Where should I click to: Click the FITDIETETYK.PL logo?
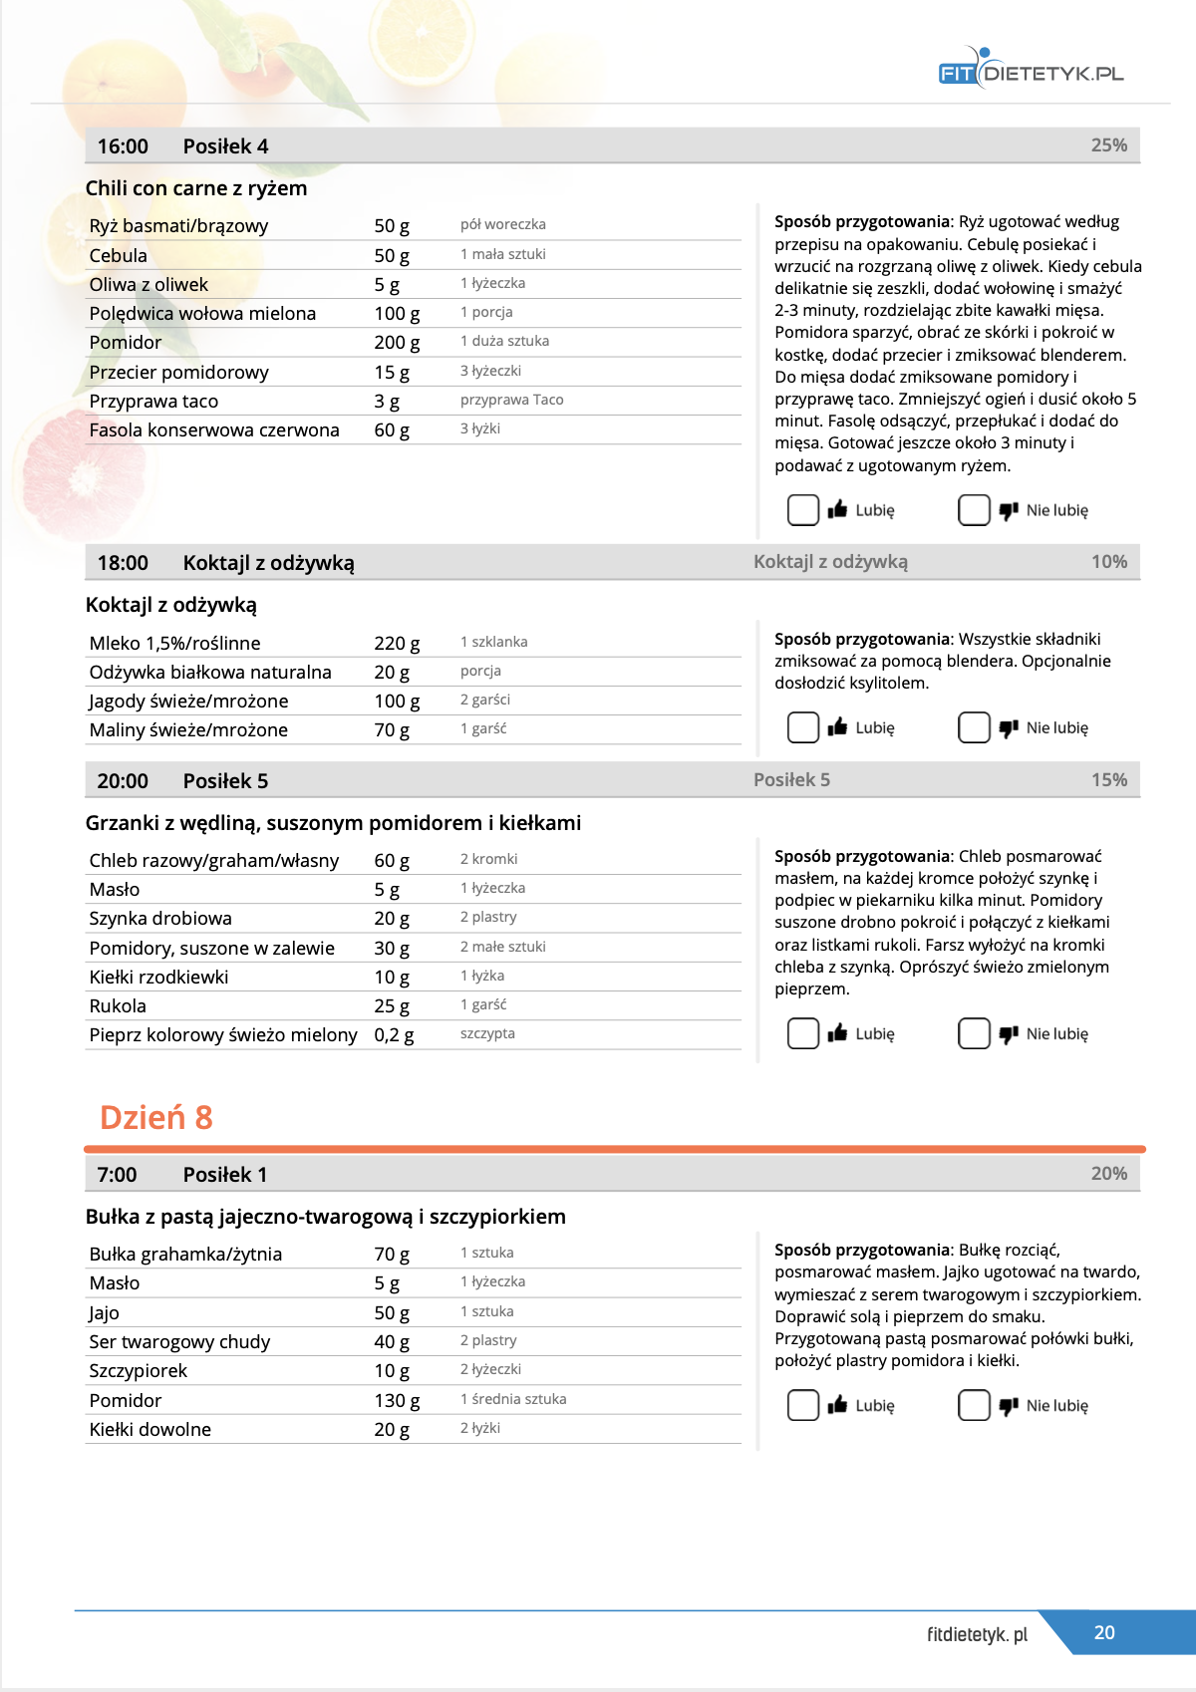(1032, 71)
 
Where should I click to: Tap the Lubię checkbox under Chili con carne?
(803, 510)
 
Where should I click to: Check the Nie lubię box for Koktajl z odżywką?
(974, 727)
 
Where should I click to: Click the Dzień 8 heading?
(156, 1118)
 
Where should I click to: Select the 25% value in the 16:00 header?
(1108, 145)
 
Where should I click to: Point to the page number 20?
(1104, 1632)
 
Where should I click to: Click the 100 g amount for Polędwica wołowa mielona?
(397, 313)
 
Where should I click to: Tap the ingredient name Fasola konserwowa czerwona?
(214, 430)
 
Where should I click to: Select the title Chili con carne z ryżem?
(196, 188)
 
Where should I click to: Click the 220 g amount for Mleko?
(397, 644)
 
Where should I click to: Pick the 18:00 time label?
(123, 563)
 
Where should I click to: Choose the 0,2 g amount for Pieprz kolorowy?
(394, 1035)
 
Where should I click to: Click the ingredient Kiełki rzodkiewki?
(158, 977)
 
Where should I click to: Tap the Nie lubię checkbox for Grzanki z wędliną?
(974, 1033)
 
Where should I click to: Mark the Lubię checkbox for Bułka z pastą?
(803, 1405)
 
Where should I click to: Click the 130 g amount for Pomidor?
(397, 1400)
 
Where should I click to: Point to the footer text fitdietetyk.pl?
(977, 1634)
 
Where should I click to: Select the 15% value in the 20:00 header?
(1108, 780)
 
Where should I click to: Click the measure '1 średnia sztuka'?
(513, 1399)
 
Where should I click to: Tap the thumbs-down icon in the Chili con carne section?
(1009, 510)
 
